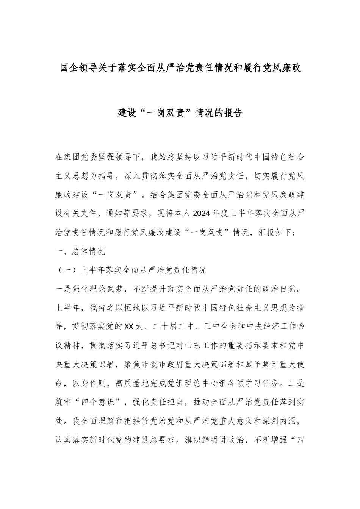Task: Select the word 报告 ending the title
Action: pyautogui.click(x=233, y=112)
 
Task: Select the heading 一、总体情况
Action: pyautogui.click(x=80, y=251)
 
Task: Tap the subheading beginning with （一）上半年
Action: pyautogui.click(x=131, y=270)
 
